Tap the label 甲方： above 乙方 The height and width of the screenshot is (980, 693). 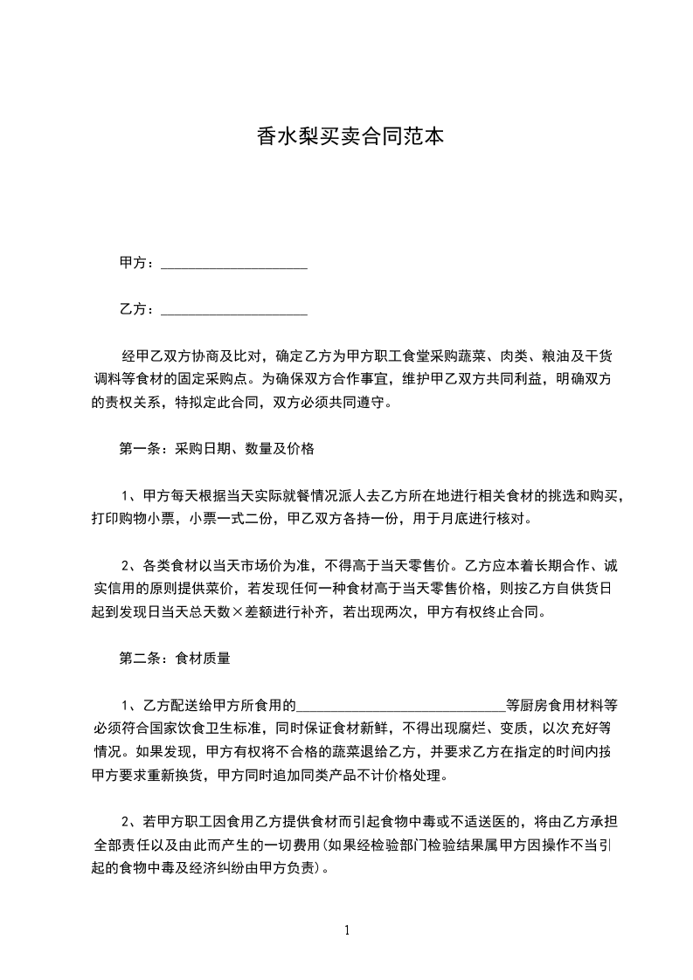coord(138,263)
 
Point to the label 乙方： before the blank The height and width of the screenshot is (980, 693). coord(138,309)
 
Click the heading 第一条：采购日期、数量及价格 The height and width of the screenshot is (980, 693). coord(216,450)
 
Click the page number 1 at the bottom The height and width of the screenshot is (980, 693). coord(347,931)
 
